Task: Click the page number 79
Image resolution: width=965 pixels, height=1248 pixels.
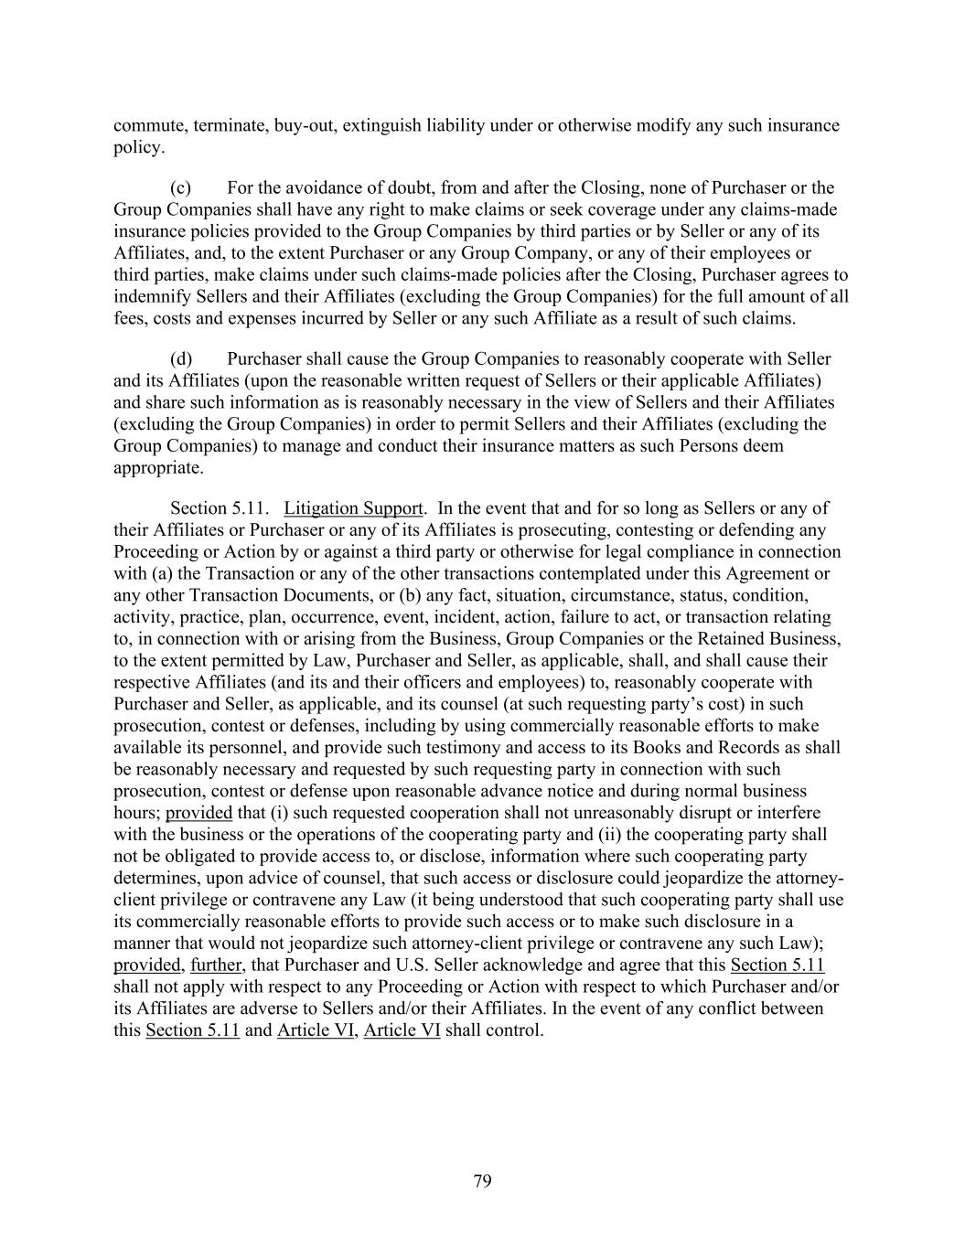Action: point(482,1181)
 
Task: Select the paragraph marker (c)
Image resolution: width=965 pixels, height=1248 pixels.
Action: point(180,187)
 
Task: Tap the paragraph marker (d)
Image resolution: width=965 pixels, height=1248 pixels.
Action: point(180,358)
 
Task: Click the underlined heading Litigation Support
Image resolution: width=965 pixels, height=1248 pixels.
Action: point(353,507)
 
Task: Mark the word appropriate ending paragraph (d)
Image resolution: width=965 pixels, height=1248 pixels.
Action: point(156,467)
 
